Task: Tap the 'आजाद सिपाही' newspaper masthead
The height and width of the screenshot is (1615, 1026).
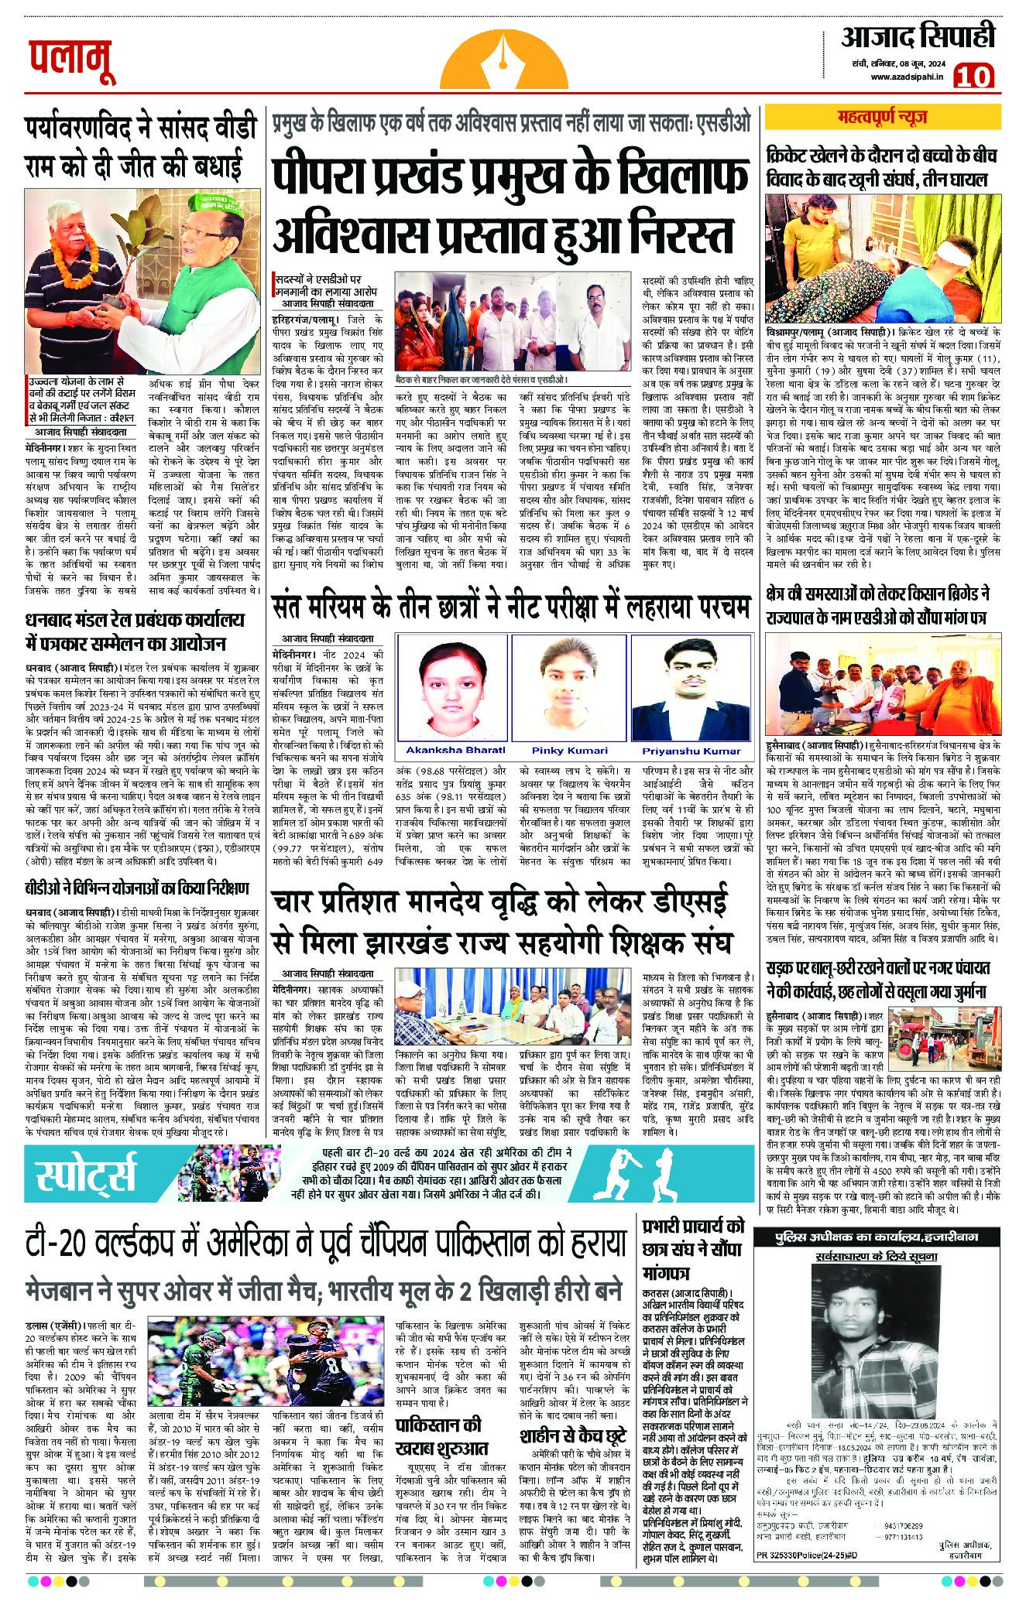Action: coord(917,36)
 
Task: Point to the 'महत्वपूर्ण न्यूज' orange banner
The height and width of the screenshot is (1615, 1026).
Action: coord(882,118)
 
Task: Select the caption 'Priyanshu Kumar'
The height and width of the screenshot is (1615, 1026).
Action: coord(691,751)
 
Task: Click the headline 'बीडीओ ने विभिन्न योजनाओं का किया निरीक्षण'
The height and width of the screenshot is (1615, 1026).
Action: coord(136,887)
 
